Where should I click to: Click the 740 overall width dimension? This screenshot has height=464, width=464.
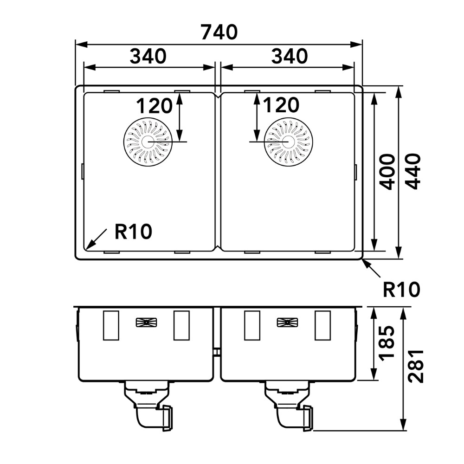pyautogui.click(x=219, y=32)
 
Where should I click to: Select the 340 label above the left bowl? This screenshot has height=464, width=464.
pyautogui.click(x=148, y=56)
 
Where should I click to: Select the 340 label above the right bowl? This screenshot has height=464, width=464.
pyautogui.click(x=290, y=56)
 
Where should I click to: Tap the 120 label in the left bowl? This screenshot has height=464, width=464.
pyautogui.click(x=154, y=106)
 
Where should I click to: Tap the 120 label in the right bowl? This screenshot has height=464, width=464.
pyautogui.click(x=281, y=105)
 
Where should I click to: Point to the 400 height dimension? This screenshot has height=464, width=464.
pyautogui.click(x=387, y=172)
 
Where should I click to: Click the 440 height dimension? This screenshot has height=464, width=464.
pyautogui.click(x=413, y=172)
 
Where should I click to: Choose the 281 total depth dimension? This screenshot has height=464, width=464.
pyautogui.click(x=415, y=367)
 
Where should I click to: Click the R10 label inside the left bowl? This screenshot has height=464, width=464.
pyautogui.click(x=134, y=231)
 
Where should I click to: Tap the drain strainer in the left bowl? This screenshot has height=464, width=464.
pyautogui.click(x=148, y=142)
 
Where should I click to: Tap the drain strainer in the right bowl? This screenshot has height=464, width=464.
pyautogui.click(x=289, y=142)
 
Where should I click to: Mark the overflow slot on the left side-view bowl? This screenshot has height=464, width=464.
pyautogui.click(x=146, y=322)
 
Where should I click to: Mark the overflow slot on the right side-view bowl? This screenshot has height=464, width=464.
pyautogui.click(x=287, y=322)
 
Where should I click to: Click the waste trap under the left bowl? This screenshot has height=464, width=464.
pyautogui.click(x=148, y=406)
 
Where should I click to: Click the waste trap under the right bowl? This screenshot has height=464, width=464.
pyautogui.click(x=289, y=406)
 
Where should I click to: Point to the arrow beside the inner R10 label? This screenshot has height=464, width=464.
pyautogui.click(x=96, y=239)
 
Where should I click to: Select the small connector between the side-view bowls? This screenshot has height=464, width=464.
pyautogui.click(x=217, y=352)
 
